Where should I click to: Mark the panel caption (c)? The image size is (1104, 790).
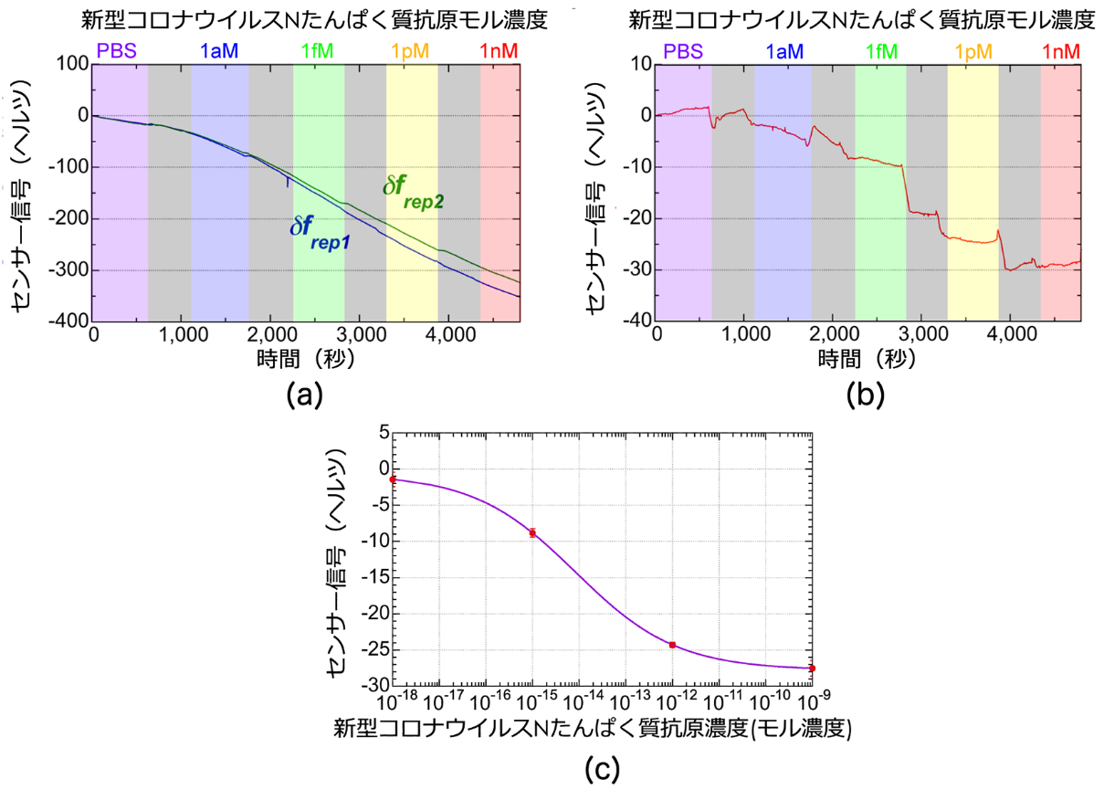click(x=601, y=768)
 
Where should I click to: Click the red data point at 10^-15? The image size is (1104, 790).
click(x=532, y=532)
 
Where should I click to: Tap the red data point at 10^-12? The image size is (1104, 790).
click(x=672, y=645)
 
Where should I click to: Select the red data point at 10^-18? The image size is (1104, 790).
click(x=393, y=479)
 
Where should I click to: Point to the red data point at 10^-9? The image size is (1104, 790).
click(x=812, y=669)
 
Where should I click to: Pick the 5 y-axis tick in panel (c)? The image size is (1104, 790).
click(x=382, y=433)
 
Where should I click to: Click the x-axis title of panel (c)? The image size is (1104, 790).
click(x=594, y=729)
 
